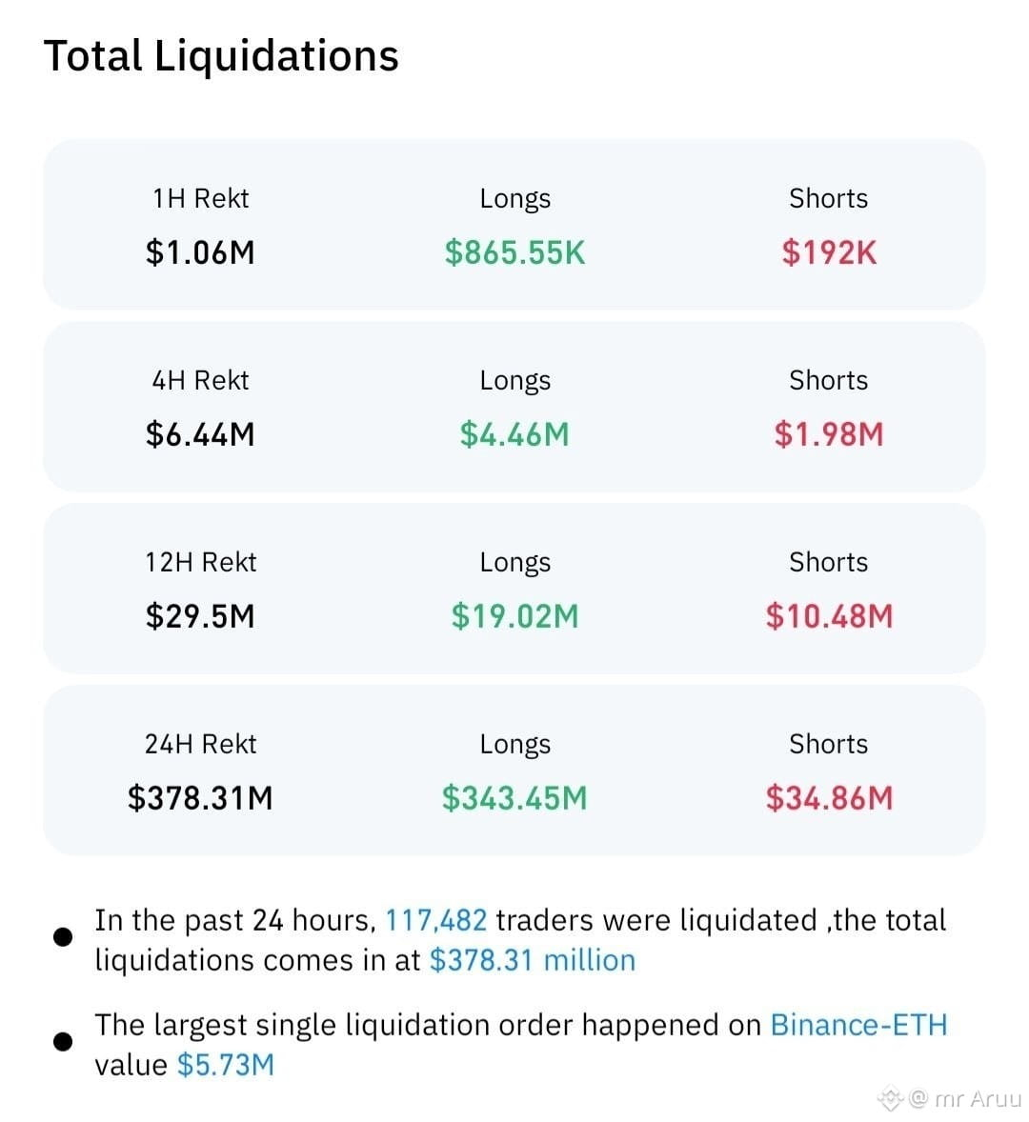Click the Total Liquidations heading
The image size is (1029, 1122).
click(x=221, y=56)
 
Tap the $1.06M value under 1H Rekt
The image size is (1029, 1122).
click(x=200, y=252)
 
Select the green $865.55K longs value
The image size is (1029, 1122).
click(x=514, y=252)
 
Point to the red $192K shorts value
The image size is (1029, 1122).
click(x=829, y=252)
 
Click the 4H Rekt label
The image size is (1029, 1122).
click(x=200, y=380)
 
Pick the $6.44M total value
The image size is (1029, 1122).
click(x=200, y=434)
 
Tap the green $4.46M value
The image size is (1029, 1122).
click(x=514, y=434)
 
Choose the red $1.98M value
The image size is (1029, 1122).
click(x=829, y=434)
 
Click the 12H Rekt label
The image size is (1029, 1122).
click(x=200, y=562)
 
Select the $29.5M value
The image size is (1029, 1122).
click(x=200, y=616)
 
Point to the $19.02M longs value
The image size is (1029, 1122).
click(x=514, y=616)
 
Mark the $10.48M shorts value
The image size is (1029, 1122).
click(x=829, y=616)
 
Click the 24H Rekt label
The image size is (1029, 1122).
click(x=200, y=744)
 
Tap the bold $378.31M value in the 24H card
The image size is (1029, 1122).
click(x=200, y=798)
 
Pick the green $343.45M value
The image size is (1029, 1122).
click(x=514, y=798)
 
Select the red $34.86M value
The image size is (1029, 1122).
click(x=829, y=798)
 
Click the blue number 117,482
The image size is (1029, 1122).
click(x=435, y=920)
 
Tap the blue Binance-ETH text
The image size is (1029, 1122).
click(x=858, y=1025)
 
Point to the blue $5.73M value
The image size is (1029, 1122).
click(x=226, y=1065)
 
